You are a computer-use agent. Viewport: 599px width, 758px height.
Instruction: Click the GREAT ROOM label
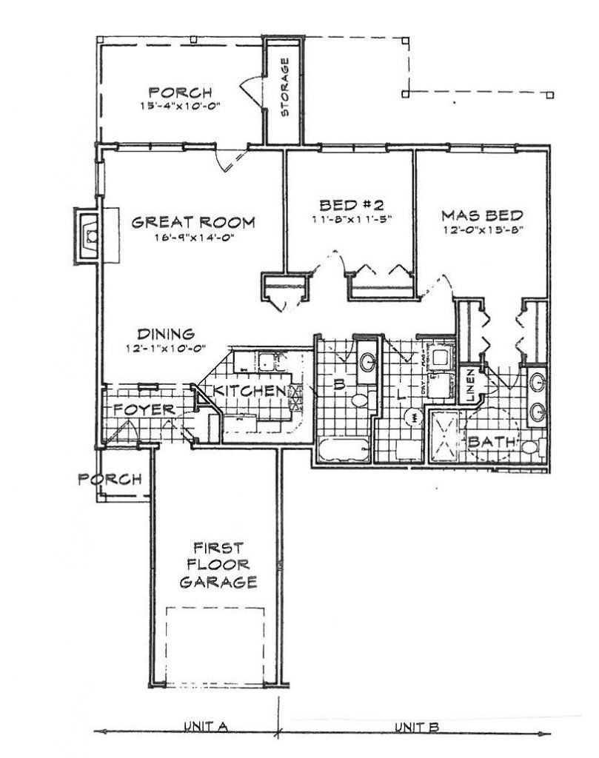point(193,222)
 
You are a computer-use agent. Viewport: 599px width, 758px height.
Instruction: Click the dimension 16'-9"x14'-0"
point(193,237)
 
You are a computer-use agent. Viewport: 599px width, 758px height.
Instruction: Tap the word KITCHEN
point(250,391)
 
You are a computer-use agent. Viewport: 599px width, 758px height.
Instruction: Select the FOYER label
point(144,409)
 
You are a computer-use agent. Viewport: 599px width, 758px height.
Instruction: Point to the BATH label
point(492,443)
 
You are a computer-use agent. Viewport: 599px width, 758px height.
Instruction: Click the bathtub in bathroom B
point(343,449)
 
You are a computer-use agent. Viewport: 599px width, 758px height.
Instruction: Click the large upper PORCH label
point(181,93)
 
